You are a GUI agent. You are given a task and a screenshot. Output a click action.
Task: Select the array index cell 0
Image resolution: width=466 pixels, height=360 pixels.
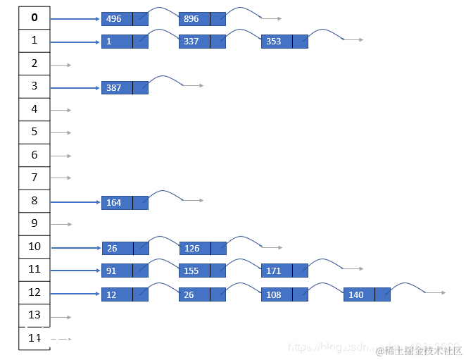34,18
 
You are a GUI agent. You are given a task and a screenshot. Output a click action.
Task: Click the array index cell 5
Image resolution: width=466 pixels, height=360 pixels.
34,132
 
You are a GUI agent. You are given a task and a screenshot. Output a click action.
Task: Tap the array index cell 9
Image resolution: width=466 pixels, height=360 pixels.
34,223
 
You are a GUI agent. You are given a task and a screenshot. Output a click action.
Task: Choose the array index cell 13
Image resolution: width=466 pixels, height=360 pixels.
34,315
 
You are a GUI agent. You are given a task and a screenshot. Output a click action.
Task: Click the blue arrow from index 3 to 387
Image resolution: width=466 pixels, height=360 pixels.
75,88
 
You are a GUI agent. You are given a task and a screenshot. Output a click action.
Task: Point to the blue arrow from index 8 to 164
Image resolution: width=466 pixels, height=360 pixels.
75,202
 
